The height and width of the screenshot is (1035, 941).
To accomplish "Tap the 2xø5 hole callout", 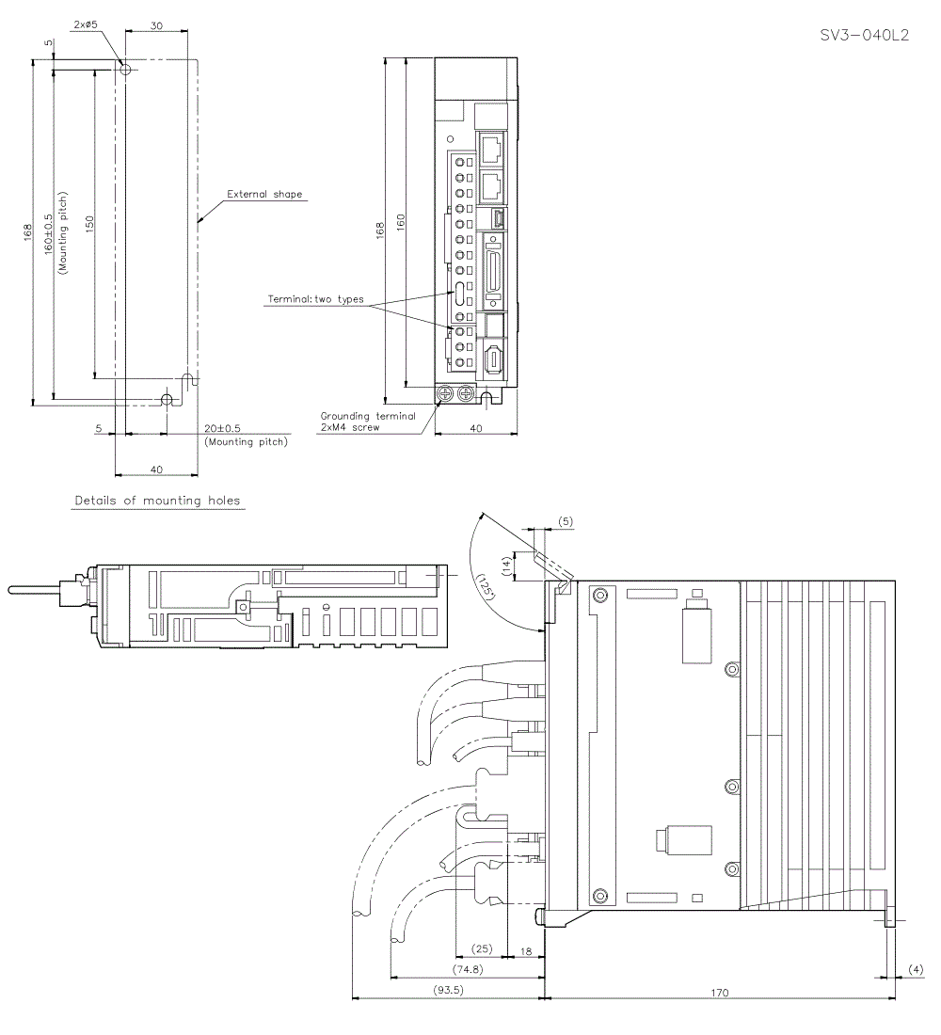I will click(85, 25).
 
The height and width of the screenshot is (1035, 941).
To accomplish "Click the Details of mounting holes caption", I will click(158, 501).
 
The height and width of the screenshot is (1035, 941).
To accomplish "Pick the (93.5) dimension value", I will click(444, 991).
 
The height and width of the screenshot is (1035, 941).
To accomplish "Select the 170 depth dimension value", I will click(719, 991).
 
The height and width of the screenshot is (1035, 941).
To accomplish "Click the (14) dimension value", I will click(508, 564).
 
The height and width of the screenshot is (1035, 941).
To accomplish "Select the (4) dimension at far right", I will click(914, 968).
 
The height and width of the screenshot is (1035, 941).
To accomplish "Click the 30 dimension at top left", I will click(157, 26).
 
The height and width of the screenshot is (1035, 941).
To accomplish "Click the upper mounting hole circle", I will click(125, 69).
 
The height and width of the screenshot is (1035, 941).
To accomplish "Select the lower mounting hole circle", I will click(167, 400).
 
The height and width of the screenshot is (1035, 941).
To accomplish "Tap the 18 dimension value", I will click(525, 951).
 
